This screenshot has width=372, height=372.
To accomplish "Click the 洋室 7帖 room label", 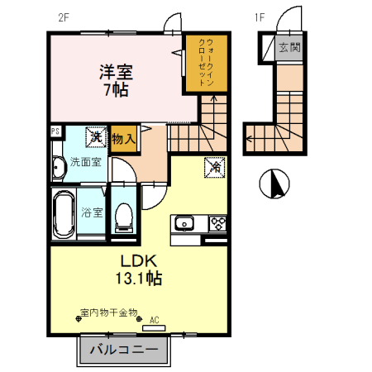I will pyautogui.click(x=116, y=81).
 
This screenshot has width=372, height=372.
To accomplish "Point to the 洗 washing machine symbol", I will pyautogui.click(x=97, y=136).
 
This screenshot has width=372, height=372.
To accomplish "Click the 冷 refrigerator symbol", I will pyautogui.click(x=213, y=166).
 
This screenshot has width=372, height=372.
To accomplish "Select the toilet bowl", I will pyautogui.click(x=124, y=217).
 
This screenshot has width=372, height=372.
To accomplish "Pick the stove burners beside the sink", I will pyautogui.click(x=217, y=222).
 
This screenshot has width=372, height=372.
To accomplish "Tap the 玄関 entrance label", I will pyautogui.click(x=289, y=47).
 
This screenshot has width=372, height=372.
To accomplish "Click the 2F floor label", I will pyautogui.click(x=64, y=16).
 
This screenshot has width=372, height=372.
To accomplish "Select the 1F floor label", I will pyautogui.click(x=258, y=16).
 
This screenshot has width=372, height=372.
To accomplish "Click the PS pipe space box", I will pyautogui.click(x=55, y=131).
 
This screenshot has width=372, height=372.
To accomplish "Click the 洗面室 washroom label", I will pyautogui.click(x=85, y=162).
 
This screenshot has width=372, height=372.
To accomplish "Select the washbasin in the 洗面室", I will pyautogui.click(x=58, y=168).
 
